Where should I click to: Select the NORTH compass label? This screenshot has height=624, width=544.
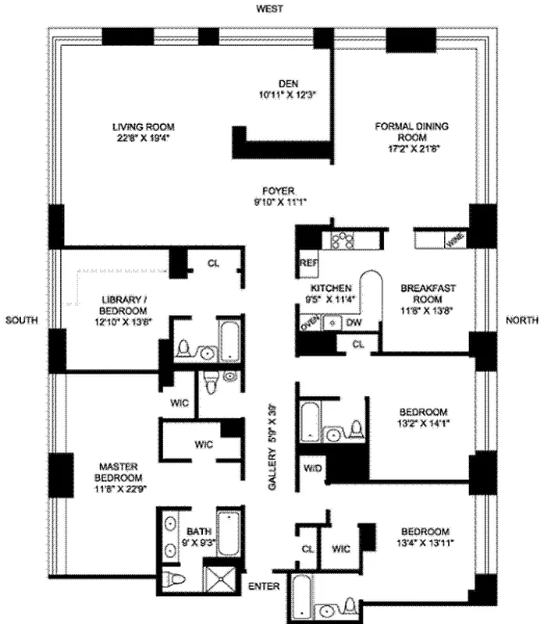coord(521,321)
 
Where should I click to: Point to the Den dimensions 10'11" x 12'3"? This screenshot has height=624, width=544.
coord(289,95)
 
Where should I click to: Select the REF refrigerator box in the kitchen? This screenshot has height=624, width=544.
coord(307,264)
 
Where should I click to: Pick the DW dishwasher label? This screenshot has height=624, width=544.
coord(354,321)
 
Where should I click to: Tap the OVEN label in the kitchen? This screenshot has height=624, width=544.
coord(309,321)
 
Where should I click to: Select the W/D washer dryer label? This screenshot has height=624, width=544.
coord(310,469)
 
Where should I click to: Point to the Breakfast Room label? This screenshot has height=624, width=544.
coord(428,292)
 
